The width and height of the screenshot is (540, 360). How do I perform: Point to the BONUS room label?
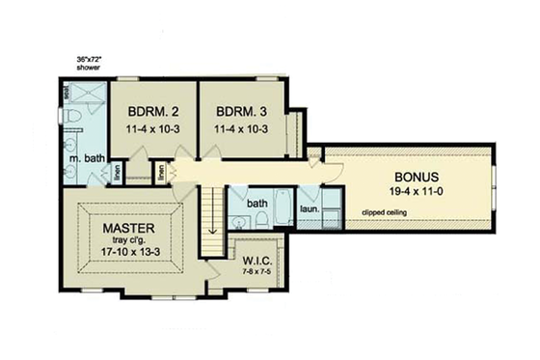click(x=417, y=178)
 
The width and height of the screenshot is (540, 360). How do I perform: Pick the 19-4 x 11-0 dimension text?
click(x=417, y=193)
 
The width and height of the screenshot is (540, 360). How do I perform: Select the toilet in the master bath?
click(x=74, y=118)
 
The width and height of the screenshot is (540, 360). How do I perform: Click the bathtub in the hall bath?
click(x=283, y=208)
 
